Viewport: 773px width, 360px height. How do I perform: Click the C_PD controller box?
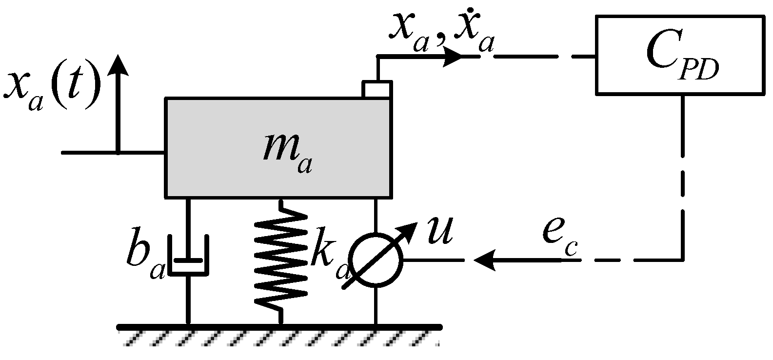pos(679,55)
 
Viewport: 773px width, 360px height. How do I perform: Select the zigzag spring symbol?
pos(281,260)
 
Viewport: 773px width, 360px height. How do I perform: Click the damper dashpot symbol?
pos(188,256)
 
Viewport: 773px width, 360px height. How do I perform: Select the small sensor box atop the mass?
pos(377,89)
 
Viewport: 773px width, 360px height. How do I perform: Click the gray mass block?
pos(219,146)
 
